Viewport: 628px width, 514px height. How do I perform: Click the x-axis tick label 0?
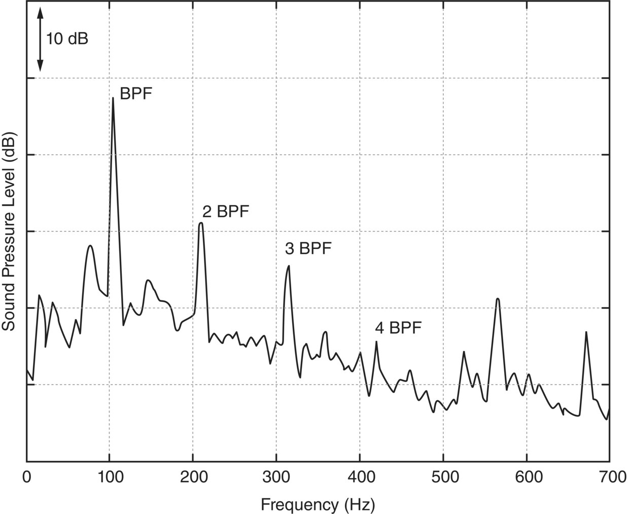(x=26, y=477)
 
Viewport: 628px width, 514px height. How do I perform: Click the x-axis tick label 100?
(x=110, y=477)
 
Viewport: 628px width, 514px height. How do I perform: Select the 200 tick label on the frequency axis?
(x=193, y=477)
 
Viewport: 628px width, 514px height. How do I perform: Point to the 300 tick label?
(x=276, y=477)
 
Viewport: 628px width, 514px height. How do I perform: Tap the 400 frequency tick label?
(x=360, y=477)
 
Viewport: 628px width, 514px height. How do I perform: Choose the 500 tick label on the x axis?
(x=443, y=477)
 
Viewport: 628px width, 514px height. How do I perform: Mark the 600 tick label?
(x=527, y=477)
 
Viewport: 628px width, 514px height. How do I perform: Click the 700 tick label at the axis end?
(x=609, y=477)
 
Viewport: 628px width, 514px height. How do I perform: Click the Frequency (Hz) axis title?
(x=318, y=504)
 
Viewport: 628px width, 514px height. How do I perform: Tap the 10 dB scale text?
(x=67, y=39)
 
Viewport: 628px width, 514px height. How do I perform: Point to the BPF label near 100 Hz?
(x=135, y=93)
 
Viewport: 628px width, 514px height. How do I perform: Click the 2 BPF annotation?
(x=226, y=211)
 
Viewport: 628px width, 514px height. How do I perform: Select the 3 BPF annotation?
(x=308, y=249)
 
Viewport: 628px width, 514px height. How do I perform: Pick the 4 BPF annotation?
(x=398, y=328)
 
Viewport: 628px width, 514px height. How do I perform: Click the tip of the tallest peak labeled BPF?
(x=113, y=97)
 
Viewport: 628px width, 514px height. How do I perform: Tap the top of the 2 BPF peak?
(x=201, y=223)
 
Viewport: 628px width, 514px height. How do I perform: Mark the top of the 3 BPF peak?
(x=289, y=265)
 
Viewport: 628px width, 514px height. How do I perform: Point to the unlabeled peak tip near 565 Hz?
(x=498, y=299)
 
